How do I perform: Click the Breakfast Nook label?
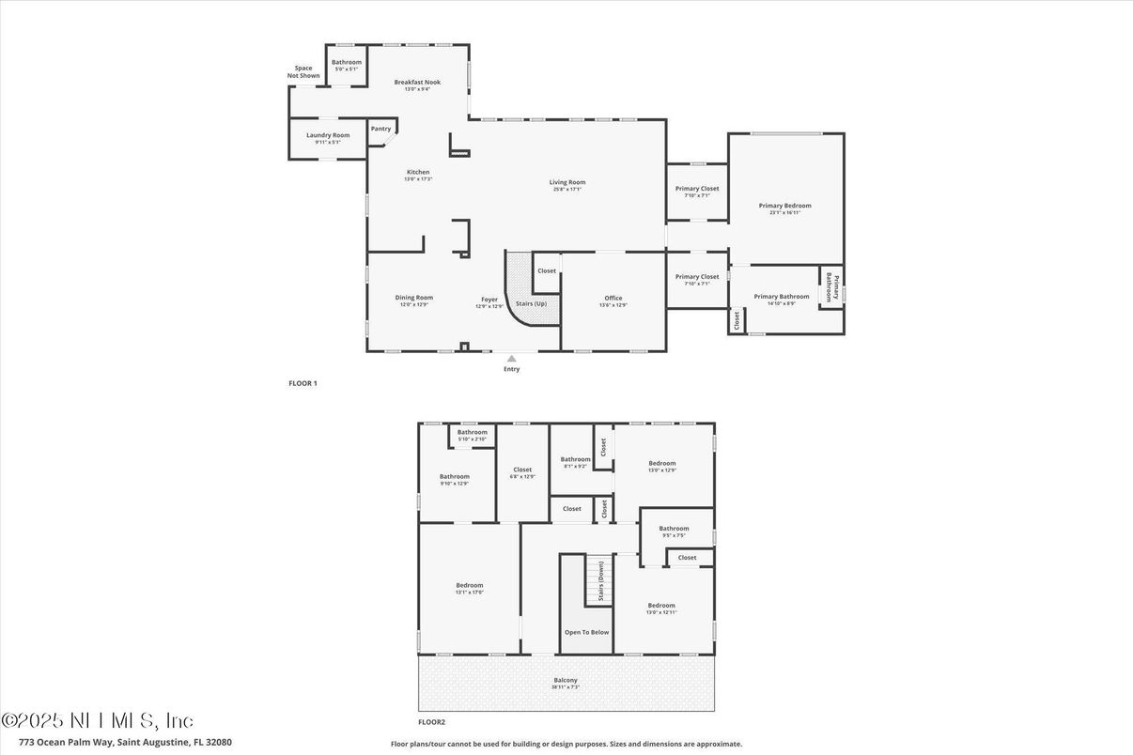click(x=417, y=83)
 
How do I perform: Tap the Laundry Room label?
click(x=328, y=135)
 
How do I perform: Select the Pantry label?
click(x=380, y=129)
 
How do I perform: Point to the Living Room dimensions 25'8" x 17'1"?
click(x=567, y=190)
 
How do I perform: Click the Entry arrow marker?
click(x=511, y=358)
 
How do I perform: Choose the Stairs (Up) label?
click(x=532, y=303)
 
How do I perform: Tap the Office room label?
click(x=613, y=299)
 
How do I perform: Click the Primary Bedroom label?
click(x=784, y=206)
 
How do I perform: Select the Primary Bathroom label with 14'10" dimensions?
click(x=782, y=297)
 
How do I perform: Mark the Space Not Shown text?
click(x=303, y=71)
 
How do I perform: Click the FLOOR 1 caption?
click(x=303, y=383)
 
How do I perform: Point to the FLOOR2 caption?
click(x=432, y=722)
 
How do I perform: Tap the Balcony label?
click(x=566, y=680)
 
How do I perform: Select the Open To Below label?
click(x=586, y=632)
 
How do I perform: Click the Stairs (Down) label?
click(x=600, y=580)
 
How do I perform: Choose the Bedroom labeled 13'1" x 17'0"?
click(x=469, y=586)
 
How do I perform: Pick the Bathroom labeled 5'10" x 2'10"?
click(x=472, y=432)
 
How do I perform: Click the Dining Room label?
click(x=413, y=298)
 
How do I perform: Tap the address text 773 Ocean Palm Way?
click(x=116, y=742)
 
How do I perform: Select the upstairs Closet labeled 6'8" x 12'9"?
click(x=522, y=470)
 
